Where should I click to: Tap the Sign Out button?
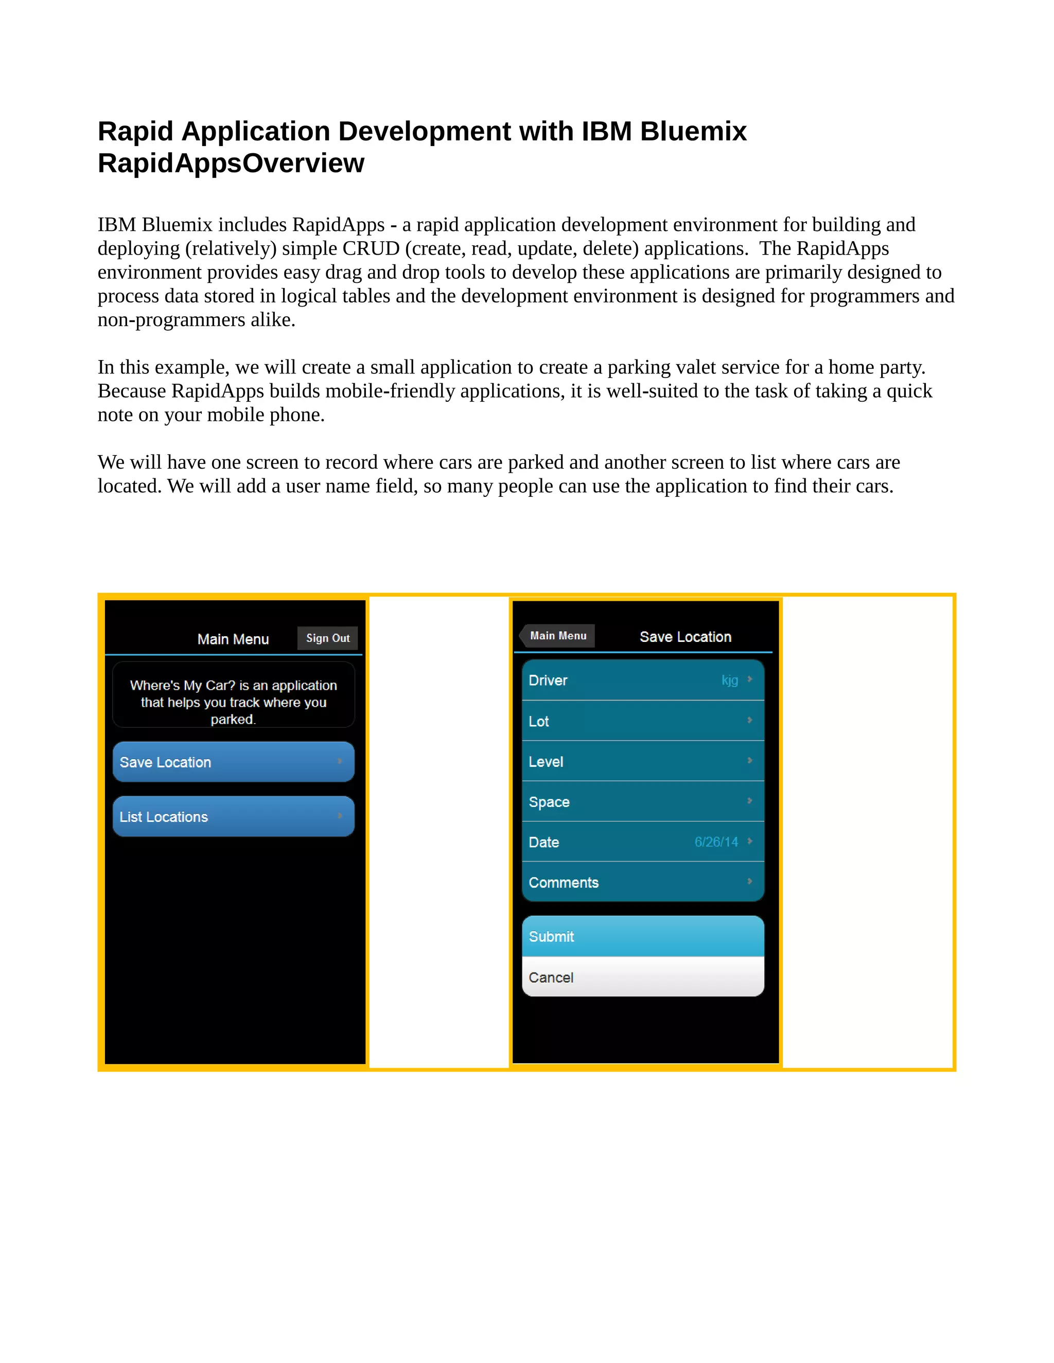[x=327, y=638]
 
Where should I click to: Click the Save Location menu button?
[x=233, y=762]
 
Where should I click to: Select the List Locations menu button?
[x=233, y=816]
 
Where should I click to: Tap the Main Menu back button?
[x=557, y=635]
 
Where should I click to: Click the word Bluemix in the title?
[x=693, y=132]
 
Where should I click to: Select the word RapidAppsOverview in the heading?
[x=231, y=164]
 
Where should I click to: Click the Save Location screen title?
[x=685, y=637]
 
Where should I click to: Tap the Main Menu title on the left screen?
[x=233, y=639]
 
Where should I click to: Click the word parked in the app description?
[x=232, y=719]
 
